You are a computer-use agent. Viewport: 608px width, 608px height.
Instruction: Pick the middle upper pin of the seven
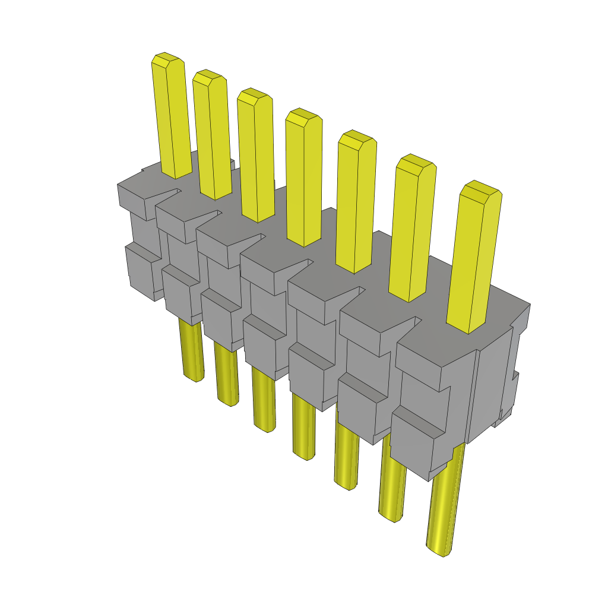(x=304, y=178)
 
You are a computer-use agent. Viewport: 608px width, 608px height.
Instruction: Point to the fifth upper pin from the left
(x=356, y=202)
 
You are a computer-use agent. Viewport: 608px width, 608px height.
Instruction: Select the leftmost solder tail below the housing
(x=191, y=350)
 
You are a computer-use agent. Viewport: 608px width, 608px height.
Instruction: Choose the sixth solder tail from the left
(x=392, y=487)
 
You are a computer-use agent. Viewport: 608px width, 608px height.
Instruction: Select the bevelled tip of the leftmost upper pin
(x=166, y=59)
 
